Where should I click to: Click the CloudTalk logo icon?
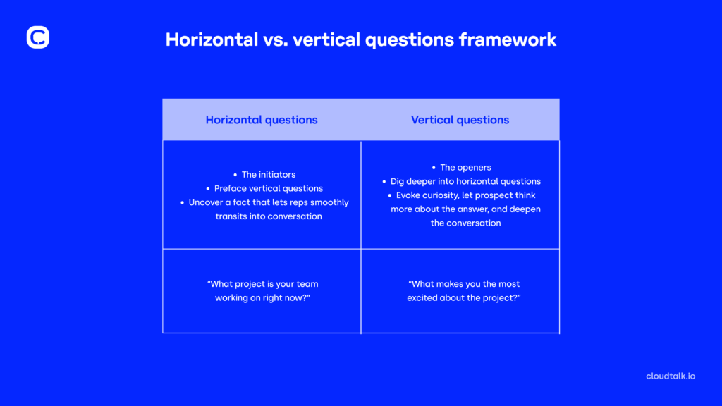38,37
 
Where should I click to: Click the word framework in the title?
508,39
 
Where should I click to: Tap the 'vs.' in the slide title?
276,40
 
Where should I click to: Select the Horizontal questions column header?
262,120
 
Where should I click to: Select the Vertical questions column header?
460,120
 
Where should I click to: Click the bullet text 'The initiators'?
269,175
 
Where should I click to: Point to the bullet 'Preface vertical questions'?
269,188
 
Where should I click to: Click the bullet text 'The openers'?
465,168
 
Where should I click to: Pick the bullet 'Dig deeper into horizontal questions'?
465,181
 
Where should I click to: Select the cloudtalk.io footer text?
671,376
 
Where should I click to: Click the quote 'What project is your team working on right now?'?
262,291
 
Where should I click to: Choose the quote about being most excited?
464,291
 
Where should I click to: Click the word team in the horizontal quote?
307,284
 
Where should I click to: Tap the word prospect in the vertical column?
494,195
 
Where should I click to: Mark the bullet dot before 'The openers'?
434,168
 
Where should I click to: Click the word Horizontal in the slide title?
212,39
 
